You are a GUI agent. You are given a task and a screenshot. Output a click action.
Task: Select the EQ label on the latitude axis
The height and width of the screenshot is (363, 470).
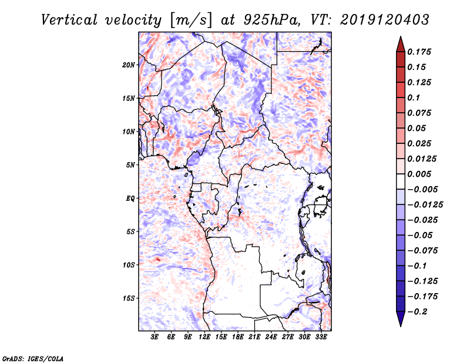pos(130,199)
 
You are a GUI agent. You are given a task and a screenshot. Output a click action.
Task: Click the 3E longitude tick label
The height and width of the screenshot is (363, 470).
pos(155,337)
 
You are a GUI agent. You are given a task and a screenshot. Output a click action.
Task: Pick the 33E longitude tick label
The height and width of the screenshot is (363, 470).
pos(321,337)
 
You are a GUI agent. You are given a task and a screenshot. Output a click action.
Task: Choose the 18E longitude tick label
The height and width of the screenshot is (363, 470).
pos(238,337)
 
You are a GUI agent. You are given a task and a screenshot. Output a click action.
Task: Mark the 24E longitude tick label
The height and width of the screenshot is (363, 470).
pos(271,337)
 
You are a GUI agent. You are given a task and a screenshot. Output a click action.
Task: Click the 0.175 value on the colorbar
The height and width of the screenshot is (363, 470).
pos(421,52)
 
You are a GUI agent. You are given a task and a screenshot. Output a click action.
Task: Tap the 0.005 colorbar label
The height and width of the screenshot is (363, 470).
pos(421,174)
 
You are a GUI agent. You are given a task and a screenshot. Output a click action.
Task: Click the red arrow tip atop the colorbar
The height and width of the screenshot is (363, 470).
pos(400,42)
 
